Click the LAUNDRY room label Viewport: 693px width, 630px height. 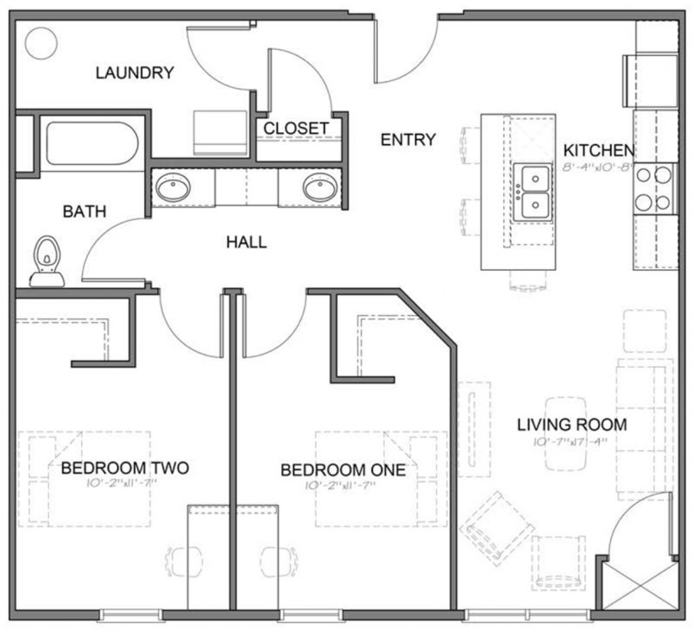[x=135, y=72]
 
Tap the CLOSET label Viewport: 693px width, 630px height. [x=296, y=129]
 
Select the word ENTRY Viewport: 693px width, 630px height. [x=408, y=139]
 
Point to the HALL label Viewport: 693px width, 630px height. [x=246, y=243]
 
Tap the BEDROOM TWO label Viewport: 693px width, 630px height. [x=124, y=469]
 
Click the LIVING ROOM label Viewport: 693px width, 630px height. [x=571, y=425]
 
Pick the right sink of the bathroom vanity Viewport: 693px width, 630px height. [x=319, y=188]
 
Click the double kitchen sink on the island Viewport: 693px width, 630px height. [x=533, y=192]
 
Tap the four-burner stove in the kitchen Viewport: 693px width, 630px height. [x=653, y=188]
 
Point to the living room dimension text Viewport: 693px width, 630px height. [x=570, y=442]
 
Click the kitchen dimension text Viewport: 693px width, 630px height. [x=599, y=165]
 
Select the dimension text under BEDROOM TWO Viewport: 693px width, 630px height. [x=124, y=485]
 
